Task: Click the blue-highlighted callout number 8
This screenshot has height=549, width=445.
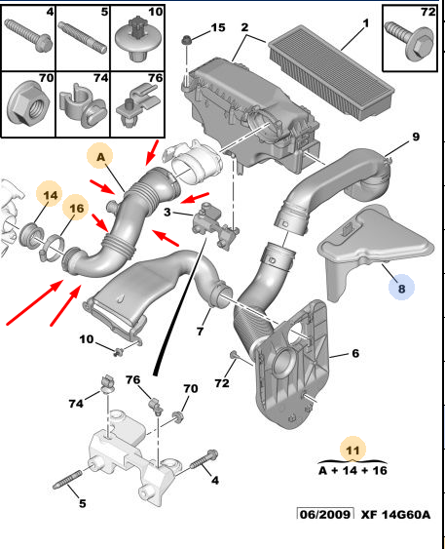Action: [401, 289]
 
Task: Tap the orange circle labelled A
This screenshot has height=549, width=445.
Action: [100, 156]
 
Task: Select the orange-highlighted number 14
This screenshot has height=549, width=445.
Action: [51, 194]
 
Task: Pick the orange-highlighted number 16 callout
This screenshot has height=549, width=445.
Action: [76, 209]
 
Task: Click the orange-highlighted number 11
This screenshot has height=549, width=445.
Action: [352, 450]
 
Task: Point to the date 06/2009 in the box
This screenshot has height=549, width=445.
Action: [325, 514]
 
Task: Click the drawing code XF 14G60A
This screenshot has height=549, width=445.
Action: [395, 514]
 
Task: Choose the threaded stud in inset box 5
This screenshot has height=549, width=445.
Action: [83, 37]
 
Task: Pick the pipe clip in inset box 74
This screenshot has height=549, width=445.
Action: [83, 104]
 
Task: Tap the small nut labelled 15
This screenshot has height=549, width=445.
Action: [187, 40]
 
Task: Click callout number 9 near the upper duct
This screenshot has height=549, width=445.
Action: [415, 137]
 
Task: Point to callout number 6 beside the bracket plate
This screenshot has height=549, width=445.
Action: [355, 353]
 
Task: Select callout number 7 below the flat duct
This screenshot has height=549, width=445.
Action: [200, 331]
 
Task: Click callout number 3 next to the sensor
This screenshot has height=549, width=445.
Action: [167, 212]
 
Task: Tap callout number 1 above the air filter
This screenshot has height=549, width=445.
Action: [365, 23]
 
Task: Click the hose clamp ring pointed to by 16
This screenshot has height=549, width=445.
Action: [52, 249]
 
